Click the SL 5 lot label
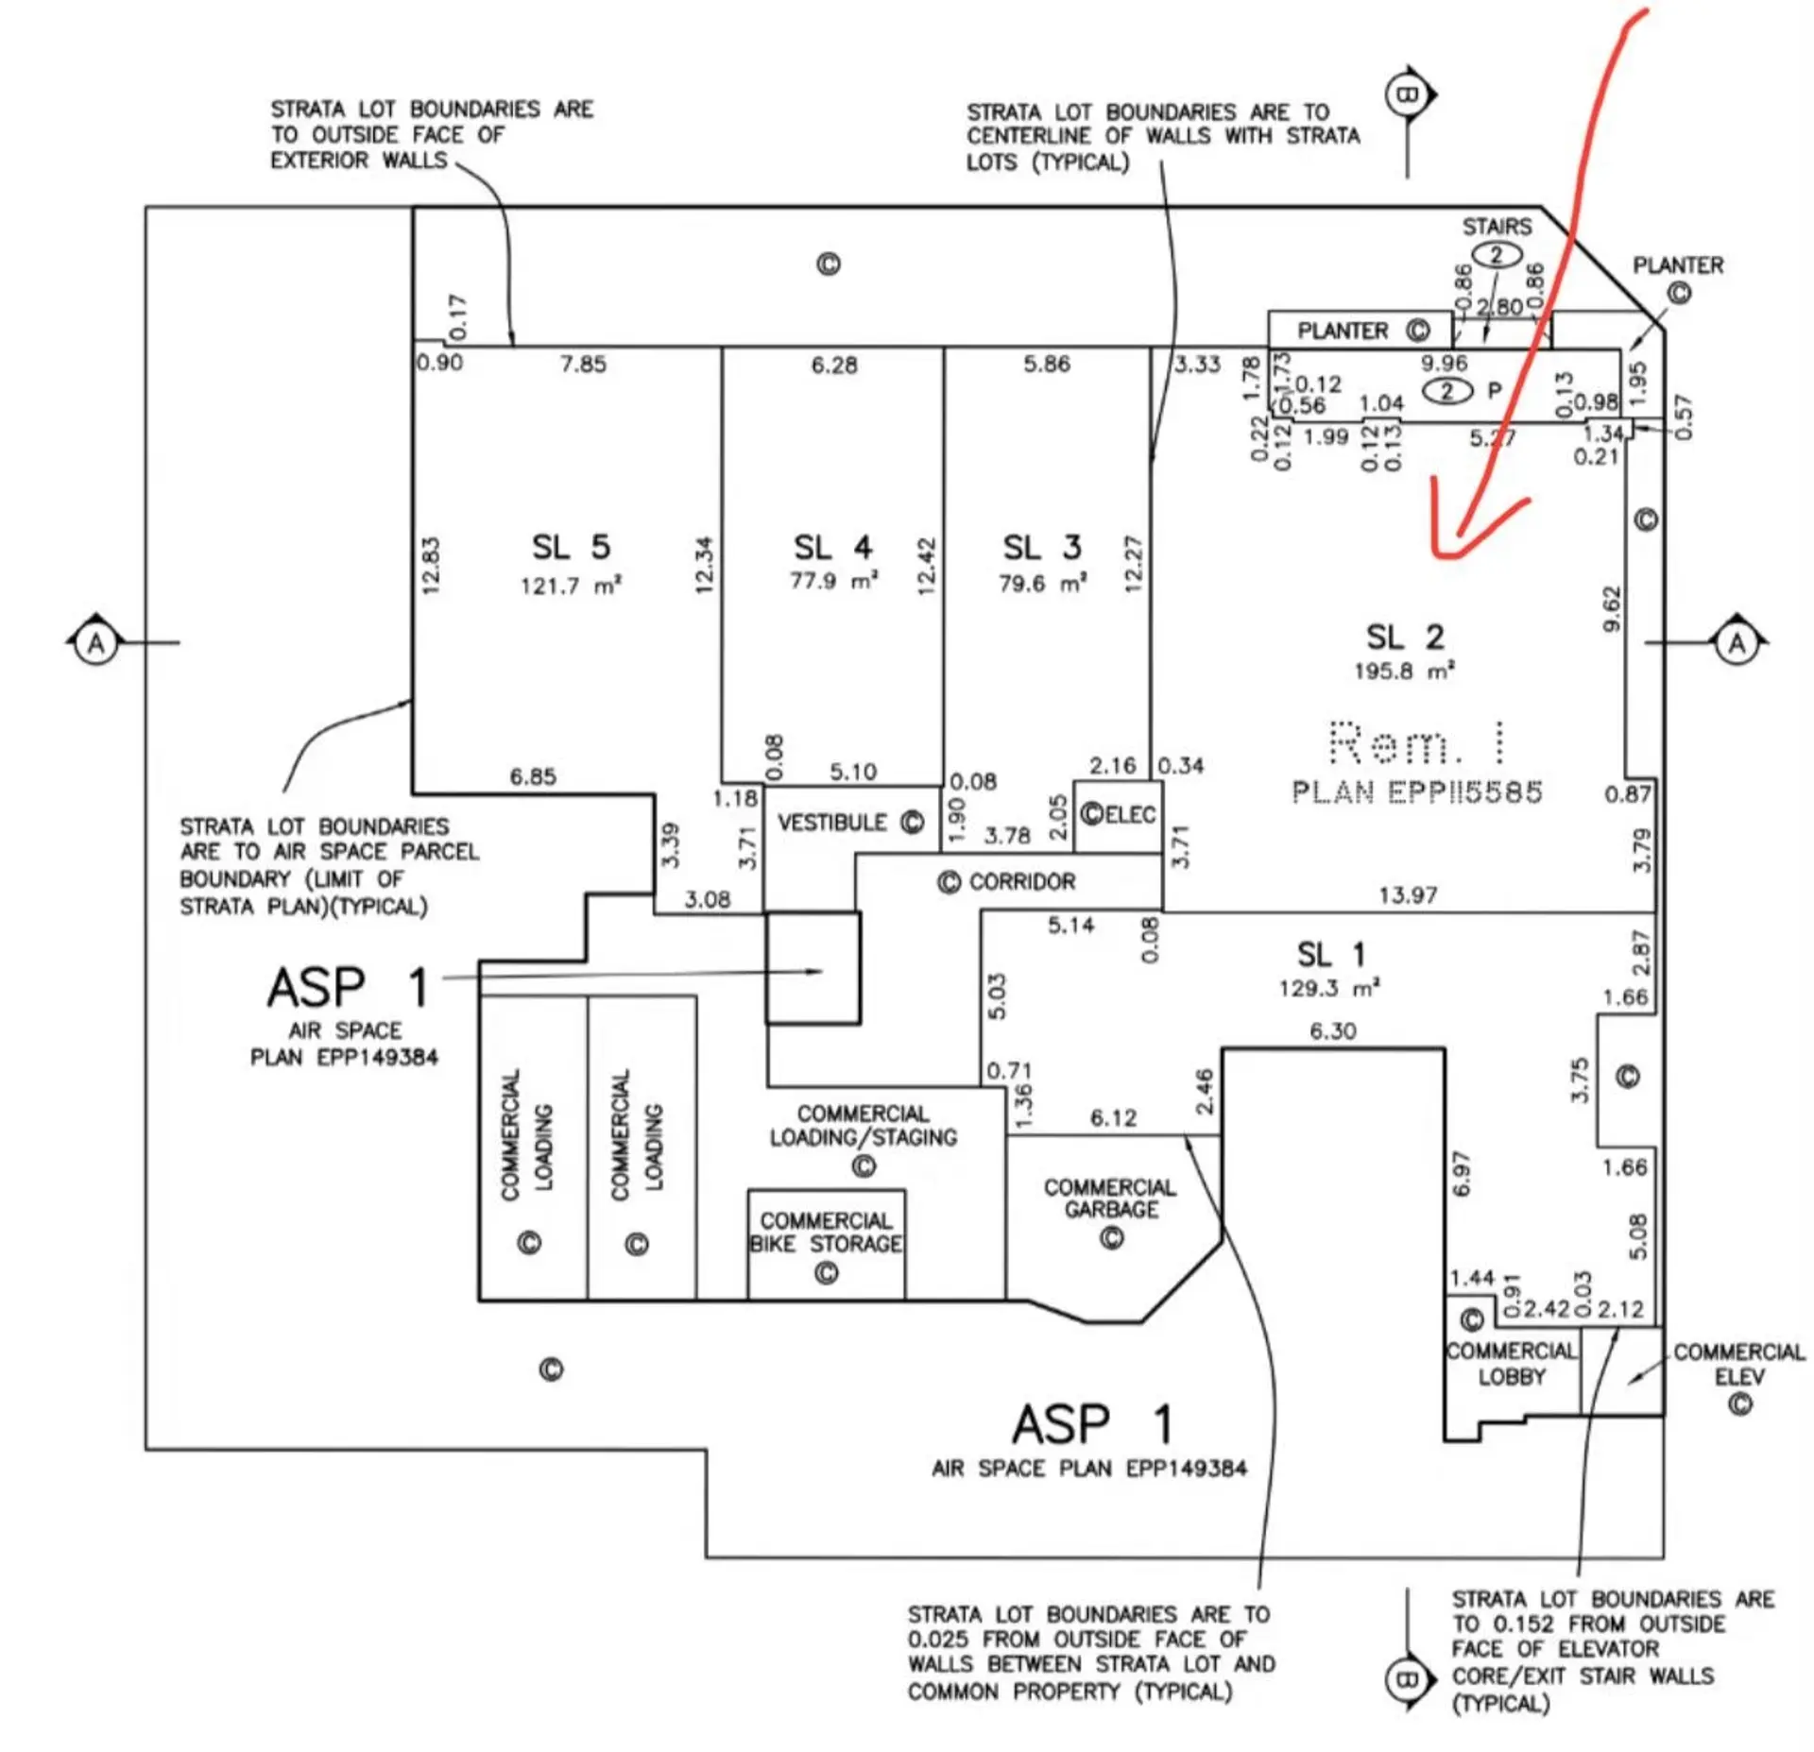[571, 547]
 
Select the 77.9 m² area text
[833, 580]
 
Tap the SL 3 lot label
[1041, 547]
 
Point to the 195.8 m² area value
[1404, 671]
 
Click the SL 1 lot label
[1330, 955]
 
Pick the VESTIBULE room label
[832, 823]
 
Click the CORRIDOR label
[1021, 881]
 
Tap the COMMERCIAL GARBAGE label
[1110, 1198]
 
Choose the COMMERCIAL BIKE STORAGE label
[826, 1233]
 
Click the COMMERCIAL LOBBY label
[1512, 1364]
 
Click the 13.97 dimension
[1408, 894]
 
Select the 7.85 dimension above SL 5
[583, 364]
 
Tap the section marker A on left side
[95, 643]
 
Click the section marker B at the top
[1408, 94]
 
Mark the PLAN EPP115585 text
[1417, 791]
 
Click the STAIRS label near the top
[1497, 227]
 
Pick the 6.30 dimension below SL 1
[1332, 1030]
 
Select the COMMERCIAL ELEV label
[1738, 1364]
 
